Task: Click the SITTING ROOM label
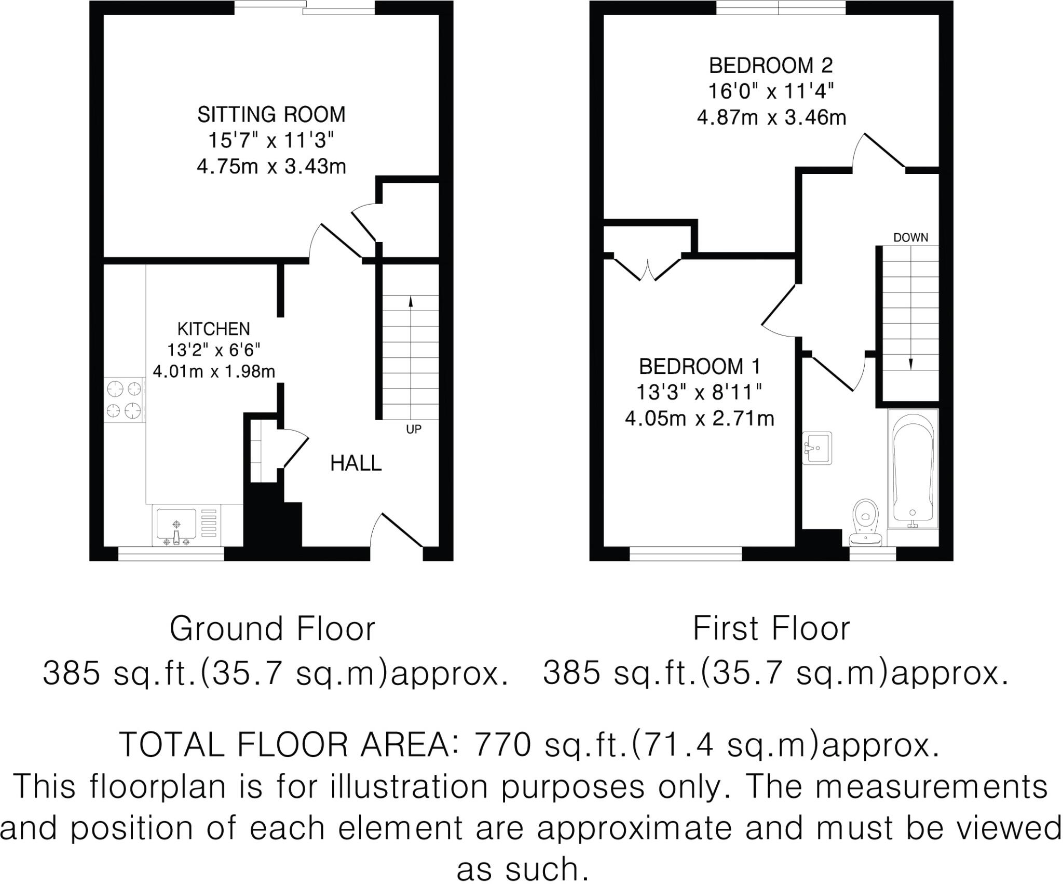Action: point(271,114)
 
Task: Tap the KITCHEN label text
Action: point(213,329)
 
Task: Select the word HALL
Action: point(356,463)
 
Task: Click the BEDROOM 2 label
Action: point(771,66)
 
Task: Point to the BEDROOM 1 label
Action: point(699,367)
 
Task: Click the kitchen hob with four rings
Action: point(125,399)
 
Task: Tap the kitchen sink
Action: point(177,526)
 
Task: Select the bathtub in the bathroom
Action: point(913,475)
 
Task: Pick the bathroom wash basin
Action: point(817,448)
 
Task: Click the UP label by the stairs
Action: point(413,429)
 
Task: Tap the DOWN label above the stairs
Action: point(910,238)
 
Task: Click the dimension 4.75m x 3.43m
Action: point(271,167)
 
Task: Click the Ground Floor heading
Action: point(272,629)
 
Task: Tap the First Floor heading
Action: point(771,629)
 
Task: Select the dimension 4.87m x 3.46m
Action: point(771,118)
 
